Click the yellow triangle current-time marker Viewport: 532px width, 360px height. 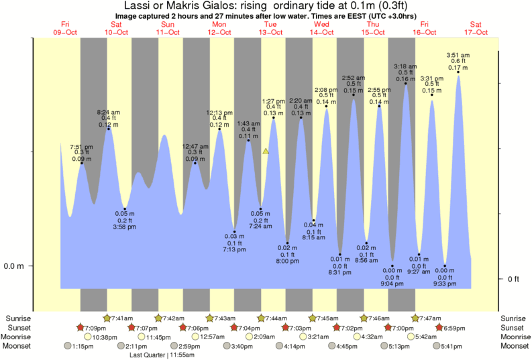pyautogui.click(x=266, y=152)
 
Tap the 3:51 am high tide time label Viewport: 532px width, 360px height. pyautogui.click(x=458, y=55)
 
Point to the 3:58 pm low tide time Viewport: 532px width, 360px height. pyautogui.click(x=124, y=227)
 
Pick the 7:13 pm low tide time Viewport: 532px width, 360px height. pyautogui.click(x=235, y=249)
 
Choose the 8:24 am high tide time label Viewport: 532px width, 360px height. pyautogui.click(x=108, y=111)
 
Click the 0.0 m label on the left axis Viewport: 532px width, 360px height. pyautogui.click(x=14, y=266)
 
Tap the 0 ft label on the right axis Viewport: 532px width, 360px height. pyautogui.click(x=513, y=279)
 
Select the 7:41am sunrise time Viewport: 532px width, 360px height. pyautogui.click(x=121, y=318)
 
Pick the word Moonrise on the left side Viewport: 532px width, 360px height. pyautogui.click(x=18, y=337)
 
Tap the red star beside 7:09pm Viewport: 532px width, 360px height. pyautogui.click(x=81, y=327)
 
